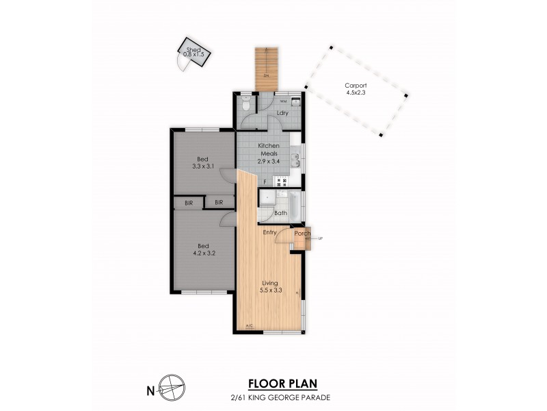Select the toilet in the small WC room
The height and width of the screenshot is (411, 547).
click(245, 105)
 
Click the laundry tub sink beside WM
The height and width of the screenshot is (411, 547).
click(296, 102)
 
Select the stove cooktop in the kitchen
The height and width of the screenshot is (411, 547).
click(281, 182)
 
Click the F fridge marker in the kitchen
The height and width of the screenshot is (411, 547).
click(265, 182)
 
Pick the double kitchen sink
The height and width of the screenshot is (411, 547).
click(295, 160)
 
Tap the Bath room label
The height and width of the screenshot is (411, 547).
click(280, 213)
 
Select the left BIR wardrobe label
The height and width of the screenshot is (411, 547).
click(189, 203)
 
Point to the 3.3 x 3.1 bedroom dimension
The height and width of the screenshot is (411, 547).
click(202, 165)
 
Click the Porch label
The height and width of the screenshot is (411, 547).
click(302, 234)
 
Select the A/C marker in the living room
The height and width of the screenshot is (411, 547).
click(248, 326)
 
